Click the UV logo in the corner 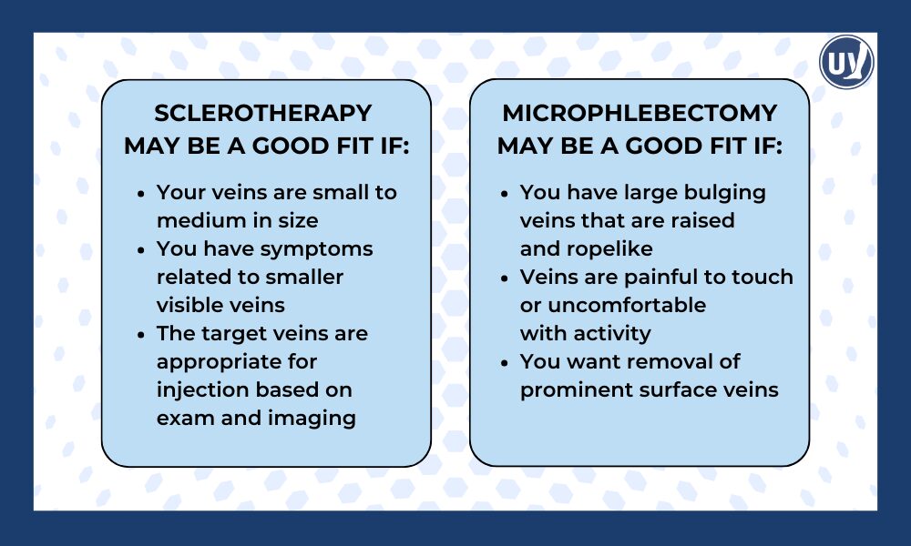846,63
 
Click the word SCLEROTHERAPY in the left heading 263,113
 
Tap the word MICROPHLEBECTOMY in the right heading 640,113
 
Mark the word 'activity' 609,333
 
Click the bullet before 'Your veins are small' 140,194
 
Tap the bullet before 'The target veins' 140,334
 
